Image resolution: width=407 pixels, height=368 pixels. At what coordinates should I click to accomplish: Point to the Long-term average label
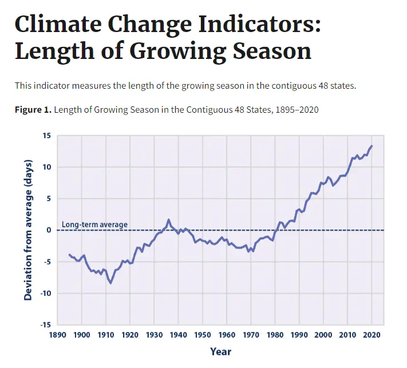point(94,224)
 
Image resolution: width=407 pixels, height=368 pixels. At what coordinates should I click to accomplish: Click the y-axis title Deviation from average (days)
point(28,230)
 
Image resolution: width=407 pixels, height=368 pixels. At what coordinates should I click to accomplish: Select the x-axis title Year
point(220,351)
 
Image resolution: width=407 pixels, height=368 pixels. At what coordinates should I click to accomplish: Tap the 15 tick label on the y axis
point(46,136)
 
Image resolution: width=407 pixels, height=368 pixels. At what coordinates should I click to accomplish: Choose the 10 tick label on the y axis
point(46,167)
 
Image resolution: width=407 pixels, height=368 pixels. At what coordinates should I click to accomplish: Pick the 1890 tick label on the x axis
point(57,335)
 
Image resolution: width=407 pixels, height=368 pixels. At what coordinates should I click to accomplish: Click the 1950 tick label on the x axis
point(203,335)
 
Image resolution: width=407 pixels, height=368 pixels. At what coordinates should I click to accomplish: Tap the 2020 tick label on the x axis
point(372,335)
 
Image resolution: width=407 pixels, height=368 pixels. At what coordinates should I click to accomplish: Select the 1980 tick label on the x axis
point(275,335)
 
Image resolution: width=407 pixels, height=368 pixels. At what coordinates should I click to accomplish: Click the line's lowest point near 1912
point(111,283)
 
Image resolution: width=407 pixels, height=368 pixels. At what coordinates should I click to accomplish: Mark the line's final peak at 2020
point(372,146)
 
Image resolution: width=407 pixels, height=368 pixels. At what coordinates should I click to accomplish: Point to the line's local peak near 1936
point(169,220)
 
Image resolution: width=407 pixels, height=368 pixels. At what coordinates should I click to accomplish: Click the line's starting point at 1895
point(69,255)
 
